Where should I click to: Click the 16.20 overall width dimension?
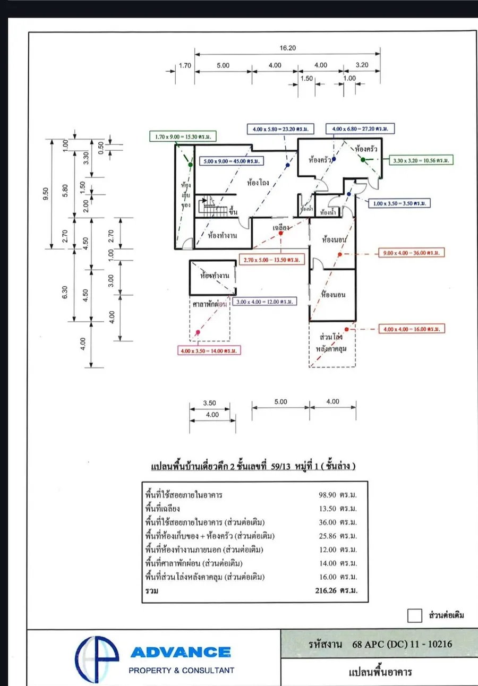[287, 48]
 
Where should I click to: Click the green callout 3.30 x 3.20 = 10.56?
[422, 160]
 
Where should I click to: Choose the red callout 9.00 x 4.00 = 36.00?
[411, 253]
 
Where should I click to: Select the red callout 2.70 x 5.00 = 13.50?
[272, 260]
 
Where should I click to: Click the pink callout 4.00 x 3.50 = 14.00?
[209, 350]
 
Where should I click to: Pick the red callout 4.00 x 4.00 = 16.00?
[412, 329]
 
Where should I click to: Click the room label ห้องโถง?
[258, 183]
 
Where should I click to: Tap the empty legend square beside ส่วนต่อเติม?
[414, 615]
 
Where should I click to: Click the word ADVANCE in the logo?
[180, 652]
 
